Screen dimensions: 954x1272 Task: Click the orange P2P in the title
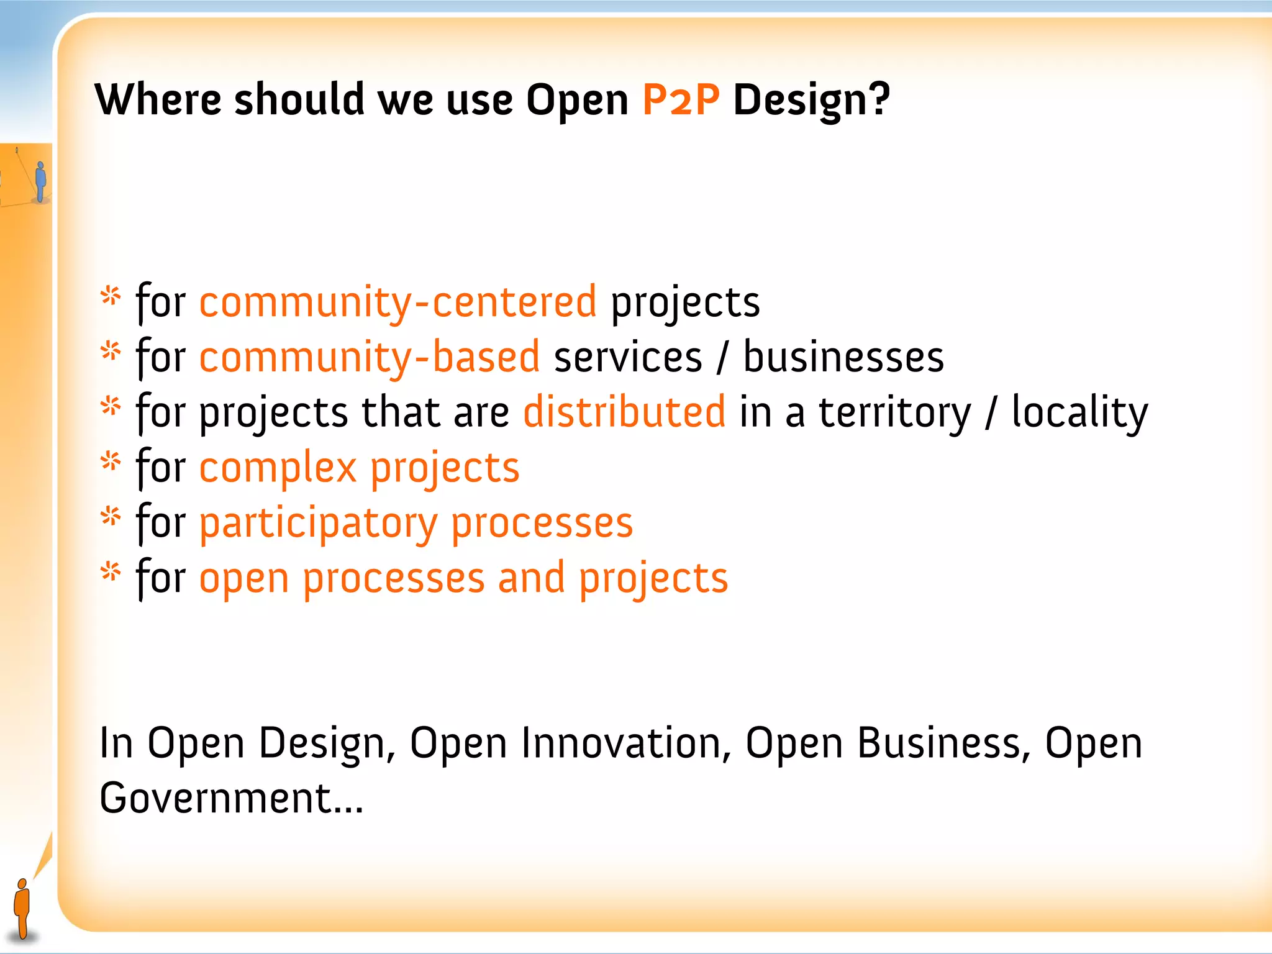click(681, 99)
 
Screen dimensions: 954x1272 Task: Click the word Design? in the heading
click(811, 101)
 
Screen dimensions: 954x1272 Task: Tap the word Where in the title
click(158, 99)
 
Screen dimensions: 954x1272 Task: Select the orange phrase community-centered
click(397, 302)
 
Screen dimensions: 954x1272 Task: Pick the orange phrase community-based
click(369, 358)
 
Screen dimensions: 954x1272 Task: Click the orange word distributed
click(624, 412)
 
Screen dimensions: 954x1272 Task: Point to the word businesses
click(843, 358)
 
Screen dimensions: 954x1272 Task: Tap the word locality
click(1079, 412)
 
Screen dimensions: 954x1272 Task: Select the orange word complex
click(278, 468)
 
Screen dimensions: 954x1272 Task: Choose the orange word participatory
click(318, 524)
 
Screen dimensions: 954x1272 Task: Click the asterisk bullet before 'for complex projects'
click(111, 461)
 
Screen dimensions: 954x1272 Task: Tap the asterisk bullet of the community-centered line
click(111, 296)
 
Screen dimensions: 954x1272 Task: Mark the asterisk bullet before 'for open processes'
click(111, 571)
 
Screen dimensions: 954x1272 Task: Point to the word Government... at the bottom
click(231, 798)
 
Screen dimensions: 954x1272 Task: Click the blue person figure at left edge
click(41, 181)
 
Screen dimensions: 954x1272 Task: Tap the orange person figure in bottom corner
click(22, 908)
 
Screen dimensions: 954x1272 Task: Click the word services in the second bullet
click(627, 358)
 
